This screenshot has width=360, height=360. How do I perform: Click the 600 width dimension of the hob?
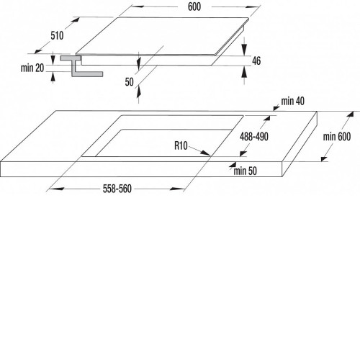click(x=194, y=6)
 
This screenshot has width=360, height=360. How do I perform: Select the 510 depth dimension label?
click(x=57, y=36)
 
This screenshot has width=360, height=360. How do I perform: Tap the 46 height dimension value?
click(x=256, y=60)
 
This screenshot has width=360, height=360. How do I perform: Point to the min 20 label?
click(x=32, y=68)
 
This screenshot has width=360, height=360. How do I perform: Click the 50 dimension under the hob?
click(x=129, y=82)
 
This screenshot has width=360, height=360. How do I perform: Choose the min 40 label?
click(x=293, y=102)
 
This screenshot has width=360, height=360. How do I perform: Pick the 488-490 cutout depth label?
click(x=254, y=137)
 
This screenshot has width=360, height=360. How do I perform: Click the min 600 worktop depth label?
click(x=337, y=137)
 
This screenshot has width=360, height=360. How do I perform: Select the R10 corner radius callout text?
click(x=181, y=145)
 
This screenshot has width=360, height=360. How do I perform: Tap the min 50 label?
click(x=245, y=171)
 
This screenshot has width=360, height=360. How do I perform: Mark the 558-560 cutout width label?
click(x=117, y=189)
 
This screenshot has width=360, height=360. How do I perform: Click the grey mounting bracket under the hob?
click(x=81, y=66)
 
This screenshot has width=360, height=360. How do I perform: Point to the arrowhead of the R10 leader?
click(x=206, y=153)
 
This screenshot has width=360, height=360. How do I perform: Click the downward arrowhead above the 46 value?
click(x=244, y=50)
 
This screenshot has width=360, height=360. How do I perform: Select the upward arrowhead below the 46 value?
click(x=244, y=72)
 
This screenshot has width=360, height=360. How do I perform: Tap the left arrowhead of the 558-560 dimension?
click(x=57, y=189)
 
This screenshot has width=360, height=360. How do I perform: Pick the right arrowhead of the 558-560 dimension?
click(x=176, y=189)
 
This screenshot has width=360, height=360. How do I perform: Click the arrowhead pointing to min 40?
click(x=276, y=108)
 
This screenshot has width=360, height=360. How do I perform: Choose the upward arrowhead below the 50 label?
click(x=138, y=92)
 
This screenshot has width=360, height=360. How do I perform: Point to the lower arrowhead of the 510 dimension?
click(x=38, y=50)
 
